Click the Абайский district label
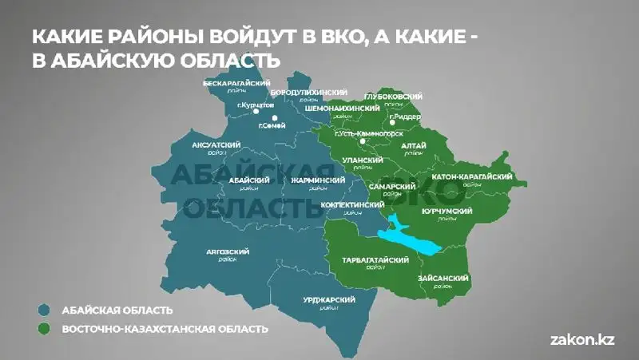point(243,181)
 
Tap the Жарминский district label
point(318,181)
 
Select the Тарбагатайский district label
point(375,261)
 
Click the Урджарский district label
point(329,300)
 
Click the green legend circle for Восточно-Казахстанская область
point(45,328)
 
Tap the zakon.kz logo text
point(582,339)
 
